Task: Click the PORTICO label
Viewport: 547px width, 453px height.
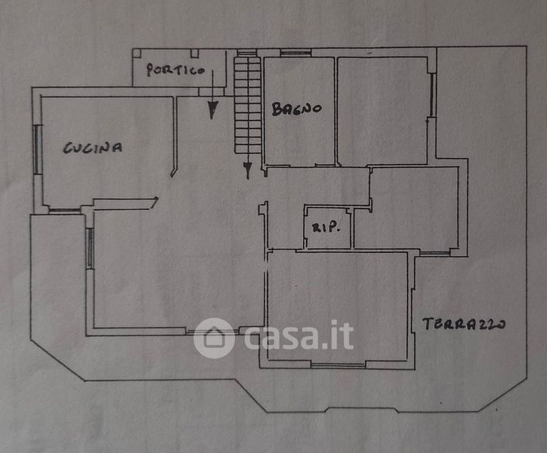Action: (175, 70)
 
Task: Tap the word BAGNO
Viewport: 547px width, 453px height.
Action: (297, 109)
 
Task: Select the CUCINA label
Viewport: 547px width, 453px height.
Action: (93, 148)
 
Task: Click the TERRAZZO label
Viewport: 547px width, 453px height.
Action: (463, 325)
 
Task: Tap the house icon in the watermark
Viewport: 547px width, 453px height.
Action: (214, 337)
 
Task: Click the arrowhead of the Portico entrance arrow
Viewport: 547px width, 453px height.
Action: (213, 111)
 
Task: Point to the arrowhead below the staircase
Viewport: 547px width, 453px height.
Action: (247, 171)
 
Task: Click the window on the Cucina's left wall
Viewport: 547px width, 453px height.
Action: (36, 149)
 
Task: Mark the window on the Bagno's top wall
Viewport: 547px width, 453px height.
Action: (295, 53)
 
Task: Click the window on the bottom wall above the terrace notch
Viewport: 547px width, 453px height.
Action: (338, 365)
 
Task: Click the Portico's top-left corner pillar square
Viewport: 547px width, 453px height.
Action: (138, 54)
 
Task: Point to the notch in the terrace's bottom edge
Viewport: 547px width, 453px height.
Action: (361, 409)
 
